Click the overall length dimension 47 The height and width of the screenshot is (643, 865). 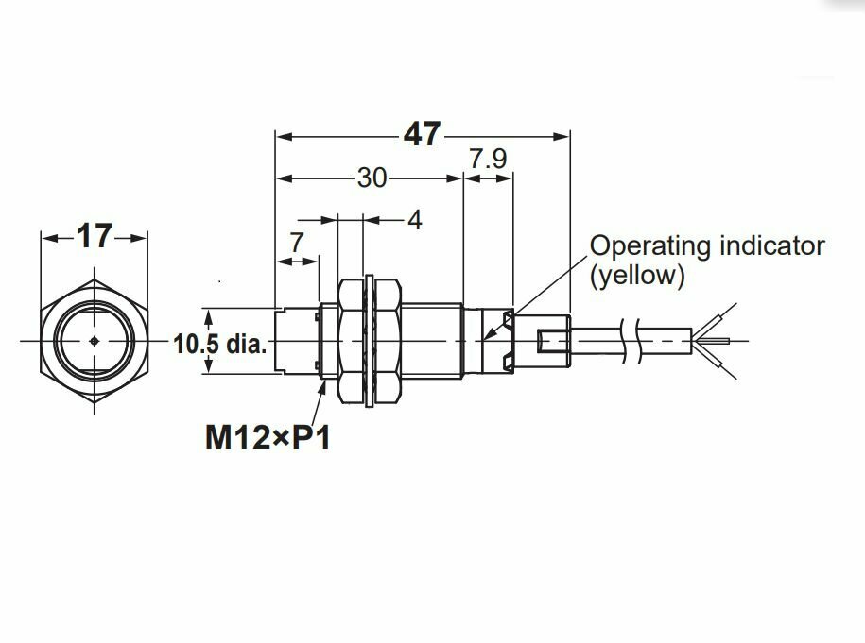[x=422, y=135]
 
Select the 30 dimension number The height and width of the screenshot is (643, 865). [x=372, y=177]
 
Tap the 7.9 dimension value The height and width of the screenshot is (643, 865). [x=488, y=159]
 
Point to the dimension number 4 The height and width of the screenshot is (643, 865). [x=414, y=220]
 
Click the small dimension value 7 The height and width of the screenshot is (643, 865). [x=296, y=243]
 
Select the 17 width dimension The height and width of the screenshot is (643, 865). [x=95, y=236]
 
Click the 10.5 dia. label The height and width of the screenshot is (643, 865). [x=219, y=344]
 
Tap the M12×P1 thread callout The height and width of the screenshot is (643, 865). [x=268, y=438]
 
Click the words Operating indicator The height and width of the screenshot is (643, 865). [x=707, y=246]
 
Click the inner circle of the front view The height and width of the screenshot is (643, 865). [x=95, y=321]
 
